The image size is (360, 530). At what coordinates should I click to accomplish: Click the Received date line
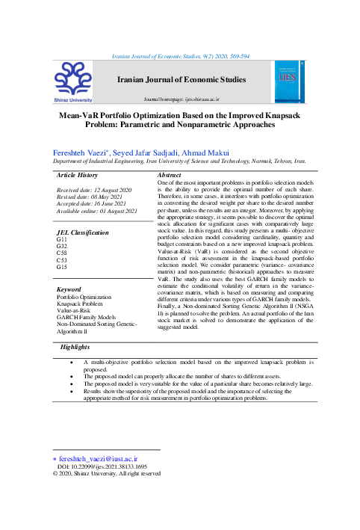[94, 191]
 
